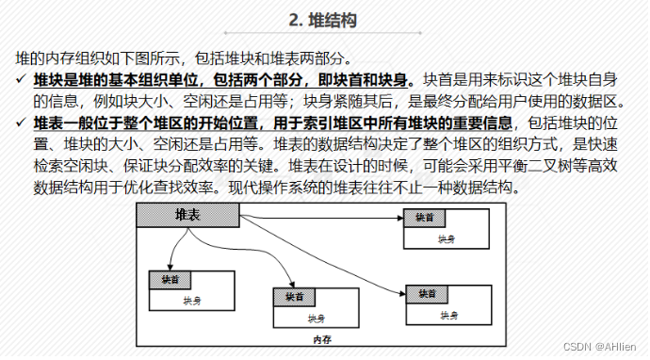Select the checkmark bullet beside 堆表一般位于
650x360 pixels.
(21, 123)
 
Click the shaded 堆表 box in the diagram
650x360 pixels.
(187, 216)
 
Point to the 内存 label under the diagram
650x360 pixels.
(322, 338)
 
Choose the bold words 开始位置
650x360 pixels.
(224, 123)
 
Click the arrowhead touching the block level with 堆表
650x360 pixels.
(400, 217)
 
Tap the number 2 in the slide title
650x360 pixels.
(295, 20)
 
